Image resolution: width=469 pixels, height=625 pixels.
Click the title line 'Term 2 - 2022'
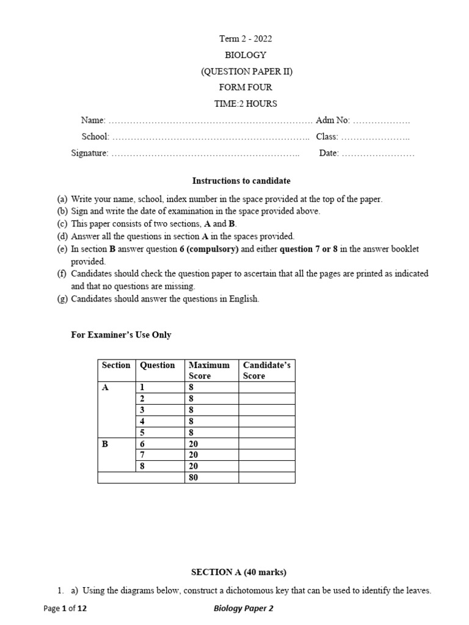pos(245,39)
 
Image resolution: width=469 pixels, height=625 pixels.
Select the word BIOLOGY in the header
pos(245,55)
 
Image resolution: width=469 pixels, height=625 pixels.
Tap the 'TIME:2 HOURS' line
pos(245,104)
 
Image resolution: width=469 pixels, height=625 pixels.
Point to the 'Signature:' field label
pos(90,153)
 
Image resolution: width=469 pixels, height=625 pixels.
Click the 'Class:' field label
pos(327,137)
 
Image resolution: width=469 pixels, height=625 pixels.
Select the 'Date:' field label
pos(329,153)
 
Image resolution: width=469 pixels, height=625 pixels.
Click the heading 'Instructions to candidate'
pos(241,181)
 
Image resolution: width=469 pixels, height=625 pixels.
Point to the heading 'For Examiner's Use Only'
pos(122,334)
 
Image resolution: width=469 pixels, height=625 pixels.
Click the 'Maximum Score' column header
pos(209,370)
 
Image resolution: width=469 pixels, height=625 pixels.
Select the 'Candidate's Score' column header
pos(266,370)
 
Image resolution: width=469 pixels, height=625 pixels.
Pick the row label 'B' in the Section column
pos(105,444)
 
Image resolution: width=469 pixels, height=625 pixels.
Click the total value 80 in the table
pos(194,477)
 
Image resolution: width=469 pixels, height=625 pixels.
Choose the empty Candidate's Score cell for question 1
pos(266,387)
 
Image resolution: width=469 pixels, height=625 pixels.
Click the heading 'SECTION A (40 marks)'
pos(239,573)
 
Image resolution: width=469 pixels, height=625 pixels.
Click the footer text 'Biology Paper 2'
pos(243,609)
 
